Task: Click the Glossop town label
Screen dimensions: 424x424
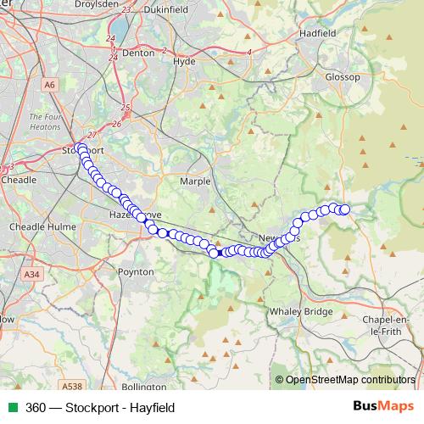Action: pyautogui.click(x=343, y=77)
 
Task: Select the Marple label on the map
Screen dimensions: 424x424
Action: pyautogui.click(x=195, y=181)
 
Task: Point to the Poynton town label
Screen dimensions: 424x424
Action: pyautogui.click(x=136, y=272)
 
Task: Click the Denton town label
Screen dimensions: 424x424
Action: pyautogui.click(x=137, y=52)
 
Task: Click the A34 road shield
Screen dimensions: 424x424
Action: pyautogui.click(x=32, y=275)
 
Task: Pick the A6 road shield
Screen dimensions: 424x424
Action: pyautogui.click(x=50, y=85)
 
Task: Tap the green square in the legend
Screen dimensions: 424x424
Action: pyautogui.click(x=12, y=408)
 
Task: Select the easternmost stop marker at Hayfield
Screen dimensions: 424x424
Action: pyautogui.click(x=344, y=209)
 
